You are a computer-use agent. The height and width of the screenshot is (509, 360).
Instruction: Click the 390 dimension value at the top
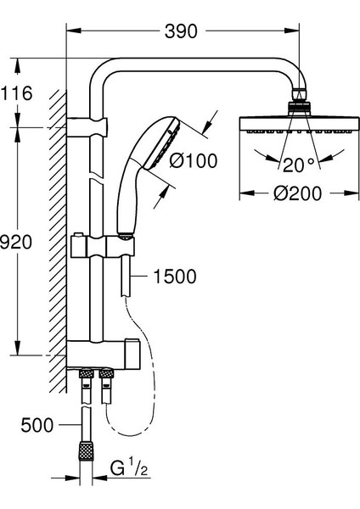pos(181,31)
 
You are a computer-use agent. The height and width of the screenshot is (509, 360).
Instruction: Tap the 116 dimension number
pos(16,93)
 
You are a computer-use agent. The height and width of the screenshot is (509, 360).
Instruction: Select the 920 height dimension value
pos(16,242)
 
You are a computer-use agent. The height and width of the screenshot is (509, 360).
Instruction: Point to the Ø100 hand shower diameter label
pos(194,160)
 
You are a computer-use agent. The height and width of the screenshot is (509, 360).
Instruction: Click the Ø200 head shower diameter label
pos(297,193)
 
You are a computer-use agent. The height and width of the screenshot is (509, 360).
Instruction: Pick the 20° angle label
pos(299,165)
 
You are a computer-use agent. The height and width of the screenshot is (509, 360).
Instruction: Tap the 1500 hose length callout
pos(175,277)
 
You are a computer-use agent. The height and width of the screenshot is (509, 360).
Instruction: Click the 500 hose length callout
pos(37,425)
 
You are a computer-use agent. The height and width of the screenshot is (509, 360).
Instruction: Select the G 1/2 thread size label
pos(129,469)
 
